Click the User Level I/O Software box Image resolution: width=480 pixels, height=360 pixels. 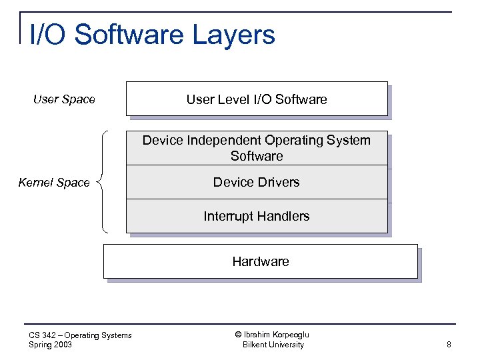pos(257,99)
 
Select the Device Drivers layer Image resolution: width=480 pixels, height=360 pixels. pos(257,182)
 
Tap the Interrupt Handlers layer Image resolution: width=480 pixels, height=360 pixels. pos(257,216)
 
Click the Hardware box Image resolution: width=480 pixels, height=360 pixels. pos(260,261)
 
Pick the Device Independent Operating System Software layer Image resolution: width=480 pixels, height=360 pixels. pos(257,148)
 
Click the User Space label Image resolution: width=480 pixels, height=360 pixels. pos(64,99)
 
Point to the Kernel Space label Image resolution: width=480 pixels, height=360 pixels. pos(54,183)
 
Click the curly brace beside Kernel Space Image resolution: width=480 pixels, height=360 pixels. pos(103,181)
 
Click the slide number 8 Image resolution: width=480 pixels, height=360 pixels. pos(449,345)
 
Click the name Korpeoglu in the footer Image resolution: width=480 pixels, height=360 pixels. pos(291,335)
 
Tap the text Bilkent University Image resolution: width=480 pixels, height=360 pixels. pos(273,345)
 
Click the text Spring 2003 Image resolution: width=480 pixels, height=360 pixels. pos(51,345)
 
